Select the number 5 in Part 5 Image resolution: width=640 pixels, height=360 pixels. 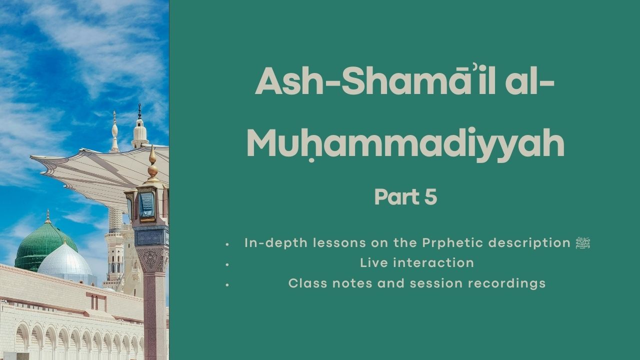(x=431, y=197)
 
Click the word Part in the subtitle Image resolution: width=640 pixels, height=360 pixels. (x=396, y=197)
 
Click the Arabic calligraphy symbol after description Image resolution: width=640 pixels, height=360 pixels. (x=583, y=243)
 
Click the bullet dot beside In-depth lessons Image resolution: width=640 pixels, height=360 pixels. (x=227, y=244)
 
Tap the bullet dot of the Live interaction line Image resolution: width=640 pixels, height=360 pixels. (x=227, y=264)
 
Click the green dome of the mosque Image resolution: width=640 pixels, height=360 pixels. (x=45, y=242)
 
